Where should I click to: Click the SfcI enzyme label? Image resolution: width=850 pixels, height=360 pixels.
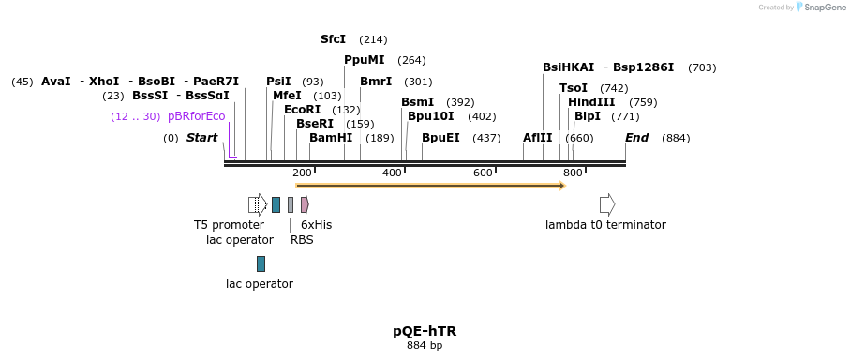tap(333, 39)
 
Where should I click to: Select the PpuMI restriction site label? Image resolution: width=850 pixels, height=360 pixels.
tap(365, 60)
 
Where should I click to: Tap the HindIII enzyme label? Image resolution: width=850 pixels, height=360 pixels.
tap(591, 102)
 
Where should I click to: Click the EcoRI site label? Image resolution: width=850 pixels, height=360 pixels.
tap(302, 110)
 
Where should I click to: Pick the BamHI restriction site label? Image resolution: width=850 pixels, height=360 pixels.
tap(331, 138)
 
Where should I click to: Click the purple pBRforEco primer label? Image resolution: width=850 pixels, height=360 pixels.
tap(197, 116)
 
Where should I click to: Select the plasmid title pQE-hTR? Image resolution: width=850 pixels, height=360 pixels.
tap(425, 331)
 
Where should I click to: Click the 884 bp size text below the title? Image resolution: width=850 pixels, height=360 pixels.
tap(425, 346)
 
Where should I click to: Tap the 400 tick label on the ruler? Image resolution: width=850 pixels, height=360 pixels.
tap(392, 172)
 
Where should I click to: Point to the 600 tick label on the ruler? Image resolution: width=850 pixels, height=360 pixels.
tap(483, 172)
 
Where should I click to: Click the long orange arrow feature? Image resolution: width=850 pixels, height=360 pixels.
tap(430, 186)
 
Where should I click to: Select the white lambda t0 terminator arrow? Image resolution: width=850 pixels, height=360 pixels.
tap(607, 204)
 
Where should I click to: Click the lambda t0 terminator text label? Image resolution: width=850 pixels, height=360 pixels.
tap(605, 225)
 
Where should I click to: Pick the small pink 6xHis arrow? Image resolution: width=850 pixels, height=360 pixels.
tap(305, 204)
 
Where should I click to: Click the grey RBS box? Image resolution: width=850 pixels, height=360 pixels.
tap(291, 204)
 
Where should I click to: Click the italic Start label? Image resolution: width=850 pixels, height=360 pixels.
tap(201, 138)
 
